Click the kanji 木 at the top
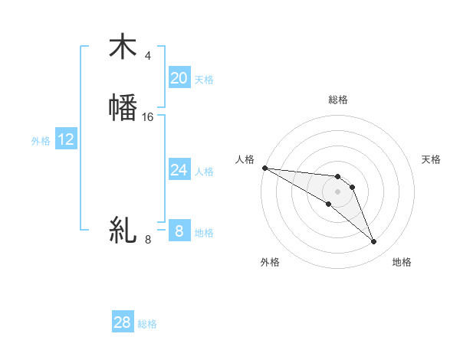(123, 47)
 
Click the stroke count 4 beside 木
(148, 56)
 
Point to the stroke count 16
(148, 116)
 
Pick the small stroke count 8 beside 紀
(148, 239)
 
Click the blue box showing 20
(179, 78)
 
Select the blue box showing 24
(179, 170)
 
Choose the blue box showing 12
(66, 139)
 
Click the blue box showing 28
(123, 322)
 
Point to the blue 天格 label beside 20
(204, 80)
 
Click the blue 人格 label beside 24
(204, 172)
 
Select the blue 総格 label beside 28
(147, 324)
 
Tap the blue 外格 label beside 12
(41, 141)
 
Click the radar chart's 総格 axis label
(338, 100)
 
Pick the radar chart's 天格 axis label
(432, 159)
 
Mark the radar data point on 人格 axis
(264, 168)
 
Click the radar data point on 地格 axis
(374, 242)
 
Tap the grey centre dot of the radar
(337, 191)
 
